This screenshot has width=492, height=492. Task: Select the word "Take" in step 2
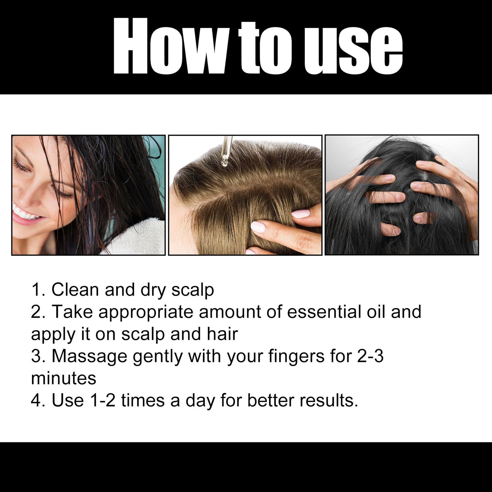[72, 312]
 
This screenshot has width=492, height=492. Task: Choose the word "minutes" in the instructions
[64, 378]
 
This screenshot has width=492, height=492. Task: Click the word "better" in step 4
[271, 400]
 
